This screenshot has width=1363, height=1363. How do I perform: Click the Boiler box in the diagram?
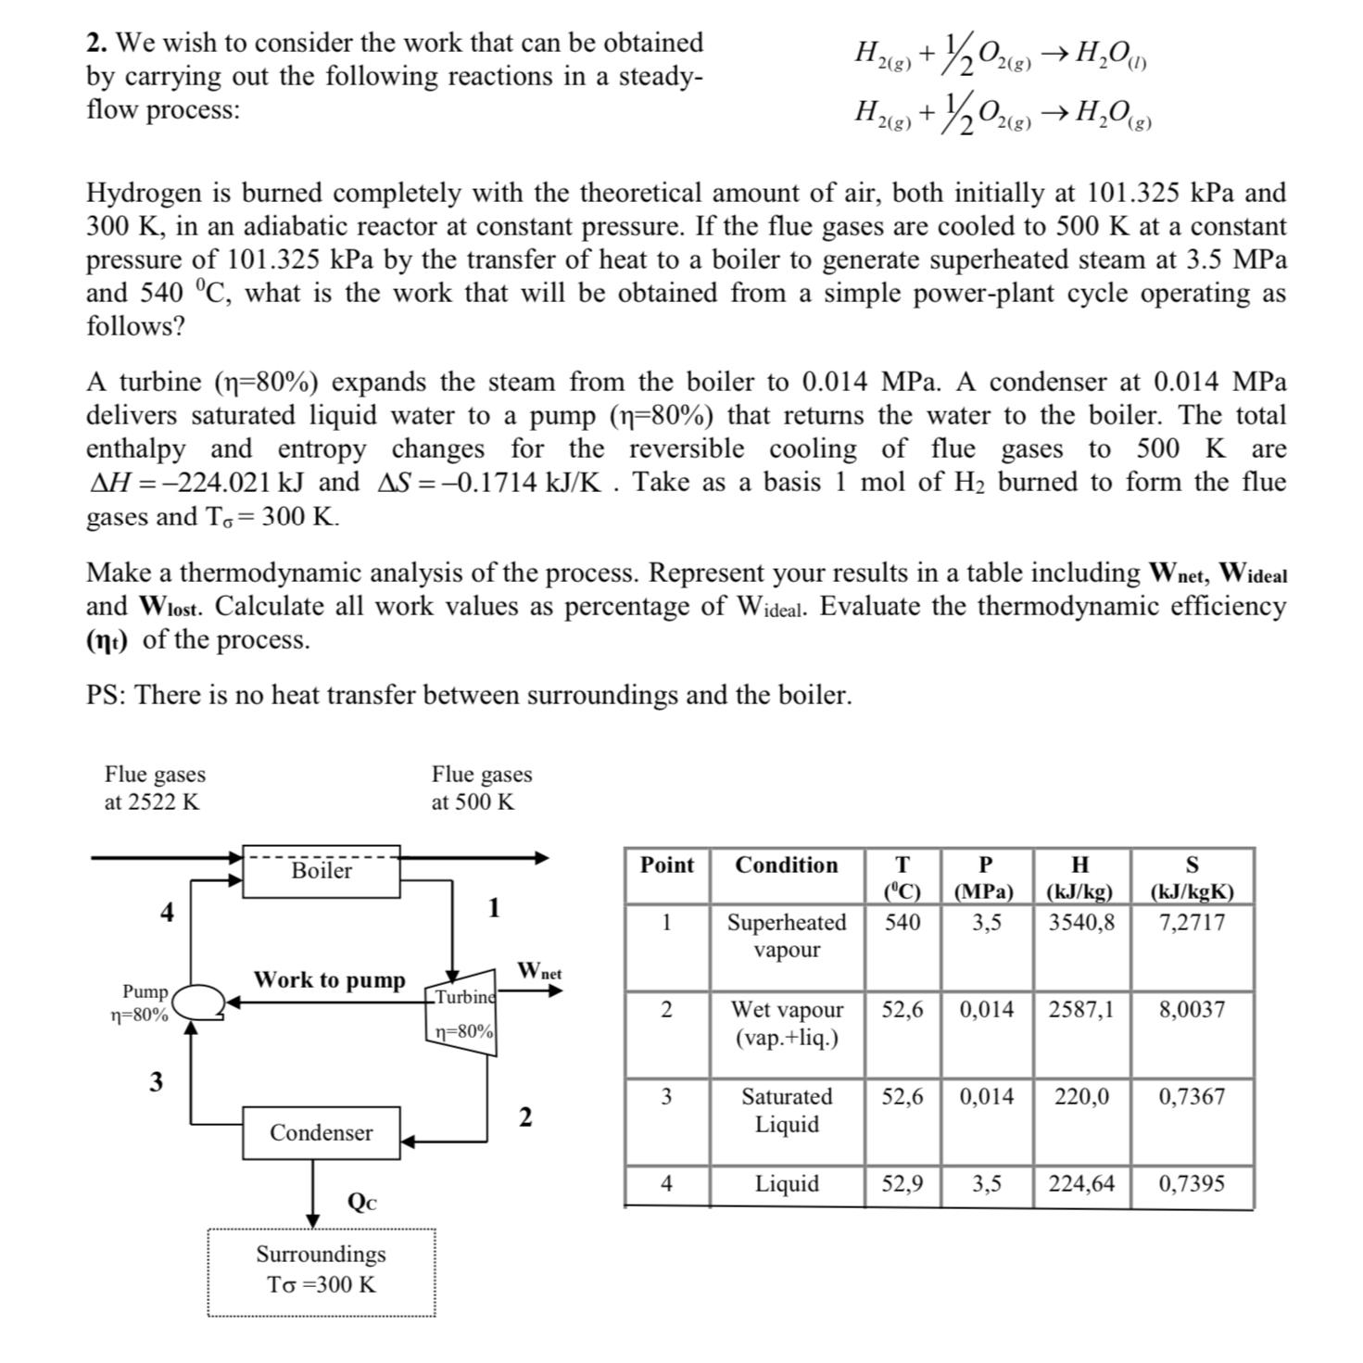tap(321, 870)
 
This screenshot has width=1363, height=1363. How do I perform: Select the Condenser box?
tap(321, 1132)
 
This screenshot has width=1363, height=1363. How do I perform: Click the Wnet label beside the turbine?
tap(539, 970)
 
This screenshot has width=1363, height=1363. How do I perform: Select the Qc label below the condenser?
tap(361, 1202)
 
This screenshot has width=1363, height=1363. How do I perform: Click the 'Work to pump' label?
tap(329, 979)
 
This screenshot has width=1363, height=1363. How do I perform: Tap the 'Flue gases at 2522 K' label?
tap(155, 788)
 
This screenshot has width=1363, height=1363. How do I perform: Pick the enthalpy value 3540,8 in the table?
tap(1081, 922)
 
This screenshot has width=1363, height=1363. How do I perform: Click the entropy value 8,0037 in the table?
tap(1192, 1009)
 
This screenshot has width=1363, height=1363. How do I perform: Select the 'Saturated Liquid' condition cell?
tap(787, 1110)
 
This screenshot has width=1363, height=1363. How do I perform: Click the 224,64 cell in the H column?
tap(1081, 1183)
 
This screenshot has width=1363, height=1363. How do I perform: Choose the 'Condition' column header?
tap(786, 864)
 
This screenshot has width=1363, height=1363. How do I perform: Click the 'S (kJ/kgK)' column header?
tap(1192, 877)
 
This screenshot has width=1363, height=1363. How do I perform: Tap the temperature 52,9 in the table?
tap(902, 1183)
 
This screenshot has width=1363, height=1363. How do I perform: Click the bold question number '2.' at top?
tap(97, 43)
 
